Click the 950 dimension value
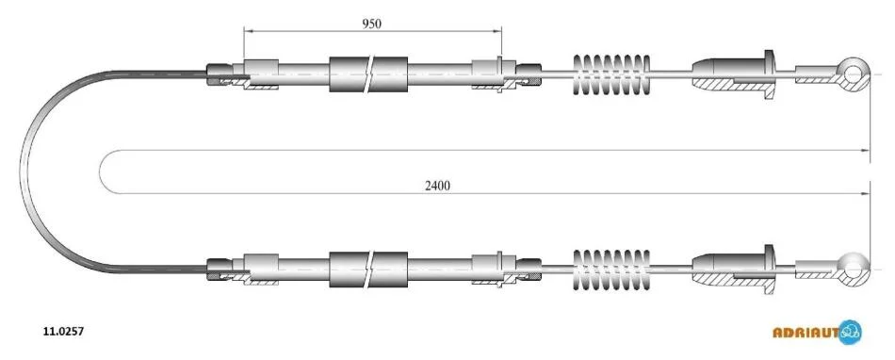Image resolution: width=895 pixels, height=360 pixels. tap(371, 24)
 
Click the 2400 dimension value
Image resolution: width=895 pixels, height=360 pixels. tap(437, 186)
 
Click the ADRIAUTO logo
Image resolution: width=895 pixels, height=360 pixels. tap(817, 332)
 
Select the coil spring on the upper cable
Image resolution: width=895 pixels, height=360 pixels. tap(611, 74)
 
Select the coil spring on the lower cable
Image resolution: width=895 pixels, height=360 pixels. tap(611, 270)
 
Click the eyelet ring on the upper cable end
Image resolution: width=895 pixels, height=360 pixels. tap(854, 73)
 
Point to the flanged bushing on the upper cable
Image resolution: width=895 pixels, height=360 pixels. tap(734, 74)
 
